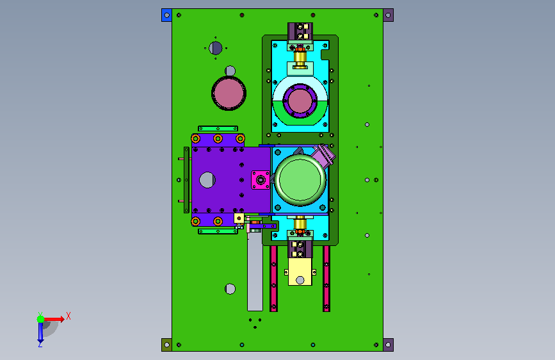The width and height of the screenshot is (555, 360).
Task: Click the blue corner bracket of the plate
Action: tap(166, 15)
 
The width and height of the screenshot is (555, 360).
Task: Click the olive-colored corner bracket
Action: tap(166, 345)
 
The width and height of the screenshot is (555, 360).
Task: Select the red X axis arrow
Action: tap(54, 319)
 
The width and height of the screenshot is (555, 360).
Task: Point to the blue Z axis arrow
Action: tap(40, 332)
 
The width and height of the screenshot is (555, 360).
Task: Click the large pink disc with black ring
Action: tap(229, 93)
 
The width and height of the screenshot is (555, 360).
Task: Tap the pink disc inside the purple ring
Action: tap(300, 101)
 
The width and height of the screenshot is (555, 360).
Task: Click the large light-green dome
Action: tap(300, 179)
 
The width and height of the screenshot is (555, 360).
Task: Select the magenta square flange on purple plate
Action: tap(261, 180)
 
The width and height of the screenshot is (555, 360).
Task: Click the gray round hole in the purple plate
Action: tap(207, 179)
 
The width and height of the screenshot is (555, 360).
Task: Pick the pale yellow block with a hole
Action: tap(300, 272)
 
